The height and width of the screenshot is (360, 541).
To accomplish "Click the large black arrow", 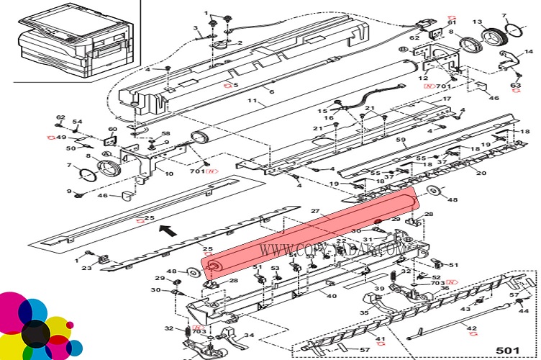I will pos(167,230).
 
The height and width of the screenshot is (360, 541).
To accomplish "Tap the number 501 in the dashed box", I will pos(508,350).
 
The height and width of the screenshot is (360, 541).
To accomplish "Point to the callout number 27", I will pos(314,212).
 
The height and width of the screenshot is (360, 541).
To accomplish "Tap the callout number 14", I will pos(529,52).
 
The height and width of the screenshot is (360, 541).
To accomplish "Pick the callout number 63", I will pos(516,86).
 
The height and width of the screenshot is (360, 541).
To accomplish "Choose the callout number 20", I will pos(481,173).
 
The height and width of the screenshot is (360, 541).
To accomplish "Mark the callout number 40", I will pos(332,296).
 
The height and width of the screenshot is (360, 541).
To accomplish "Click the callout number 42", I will pos(472,330).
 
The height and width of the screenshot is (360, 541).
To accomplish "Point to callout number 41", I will pos(381,338).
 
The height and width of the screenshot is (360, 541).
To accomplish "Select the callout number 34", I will pos(249,336).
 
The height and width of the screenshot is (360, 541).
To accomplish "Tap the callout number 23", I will pos(86,269).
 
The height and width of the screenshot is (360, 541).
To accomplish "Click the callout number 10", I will pos(169,173).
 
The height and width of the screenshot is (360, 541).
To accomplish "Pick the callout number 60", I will pos(112,130).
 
